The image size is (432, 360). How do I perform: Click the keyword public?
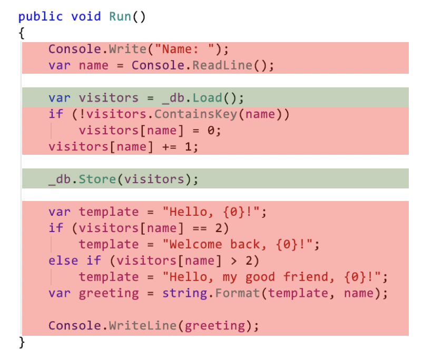tap(41, 17)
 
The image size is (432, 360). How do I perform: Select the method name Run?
tap(120, 16)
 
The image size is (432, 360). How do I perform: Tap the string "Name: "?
tap(184, 49)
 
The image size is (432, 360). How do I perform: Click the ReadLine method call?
tap(222, 65)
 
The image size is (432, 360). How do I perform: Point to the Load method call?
tap(207, 98)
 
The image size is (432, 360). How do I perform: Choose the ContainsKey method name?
tap(195, 114)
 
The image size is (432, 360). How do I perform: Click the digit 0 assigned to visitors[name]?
tap(211, 131)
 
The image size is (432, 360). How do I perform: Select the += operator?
tap(170, 147)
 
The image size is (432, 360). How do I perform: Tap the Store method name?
tap(97, 179)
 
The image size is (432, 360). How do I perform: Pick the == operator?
tap(200, 228)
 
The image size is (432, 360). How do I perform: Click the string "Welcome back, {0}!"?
tap(238, 244)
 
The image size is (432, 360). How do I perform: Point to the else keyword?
tap(63, 261)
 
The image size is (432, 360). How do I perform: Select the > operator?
tap(233, 261)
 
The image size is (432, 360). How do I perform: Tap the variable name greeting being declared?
tap(109, 293)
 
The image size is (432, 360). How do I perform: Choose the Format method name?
tap(238, 293)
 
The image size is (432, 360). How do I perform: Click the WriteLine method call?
tap(143, 326)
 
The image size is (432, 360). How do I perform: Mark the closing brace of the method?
tap(22, 343)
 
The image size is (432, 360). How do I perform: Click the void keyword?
tap(86, 16)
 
